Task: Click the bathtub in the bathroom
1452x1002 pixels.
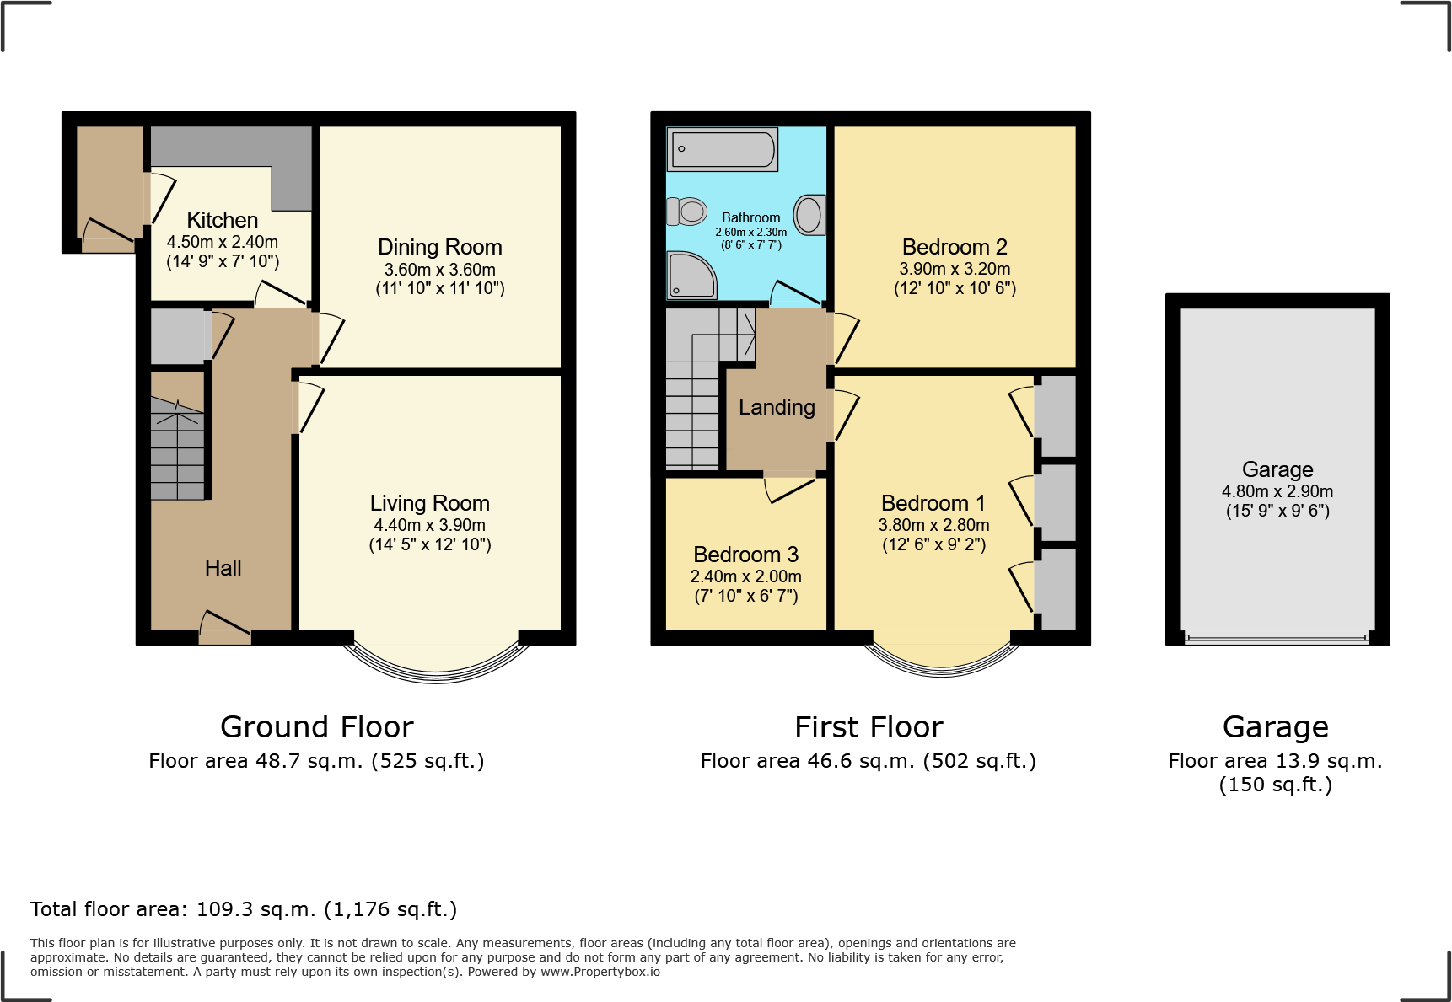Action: click(x=722, y=150)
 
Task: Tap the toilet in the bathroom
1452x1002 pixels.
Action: click(x=688, y=211)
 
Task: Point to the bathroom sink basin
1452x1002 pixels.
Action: click(x=809, y=214)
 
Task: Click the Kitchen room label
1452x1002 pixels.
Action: click(x=222, y=220)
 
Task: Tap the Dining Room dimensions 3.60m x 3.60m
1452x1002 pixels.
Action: click(x=439, y=270)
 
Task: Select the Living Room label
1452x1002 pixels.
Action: click(x=429, y=503)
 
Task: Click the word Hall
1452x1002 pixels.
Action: click(x=223, y=568)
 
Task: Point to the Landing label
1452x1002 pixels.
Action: click(x=776, y=407)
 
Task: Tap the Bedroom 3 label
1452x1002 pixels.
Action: click(x=745, y=555)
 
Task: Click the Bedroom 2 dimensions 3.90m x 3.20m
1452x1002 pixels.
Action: click(x=955, y=269)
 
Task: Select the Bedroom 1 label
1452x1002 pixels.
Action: click(x=933, y=503)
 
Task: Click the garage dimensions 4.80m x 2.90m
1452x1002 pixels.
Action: click(x=1277, y=491)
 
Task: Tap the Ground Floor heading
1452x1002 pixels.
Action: click(x=316, y=726)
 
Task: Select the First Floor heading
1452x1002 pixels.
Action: click(x=869, y=726)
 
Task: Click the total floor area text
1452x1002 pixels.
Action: click(x=244, y=909)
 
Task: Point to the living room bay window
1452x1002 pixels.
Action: click(x=436, y=666)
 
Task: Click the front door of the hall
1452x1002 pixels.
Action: click(x=225, y=631)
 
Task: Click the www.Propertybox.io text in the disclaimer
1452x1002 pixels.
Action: click(x=600, y=972)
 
